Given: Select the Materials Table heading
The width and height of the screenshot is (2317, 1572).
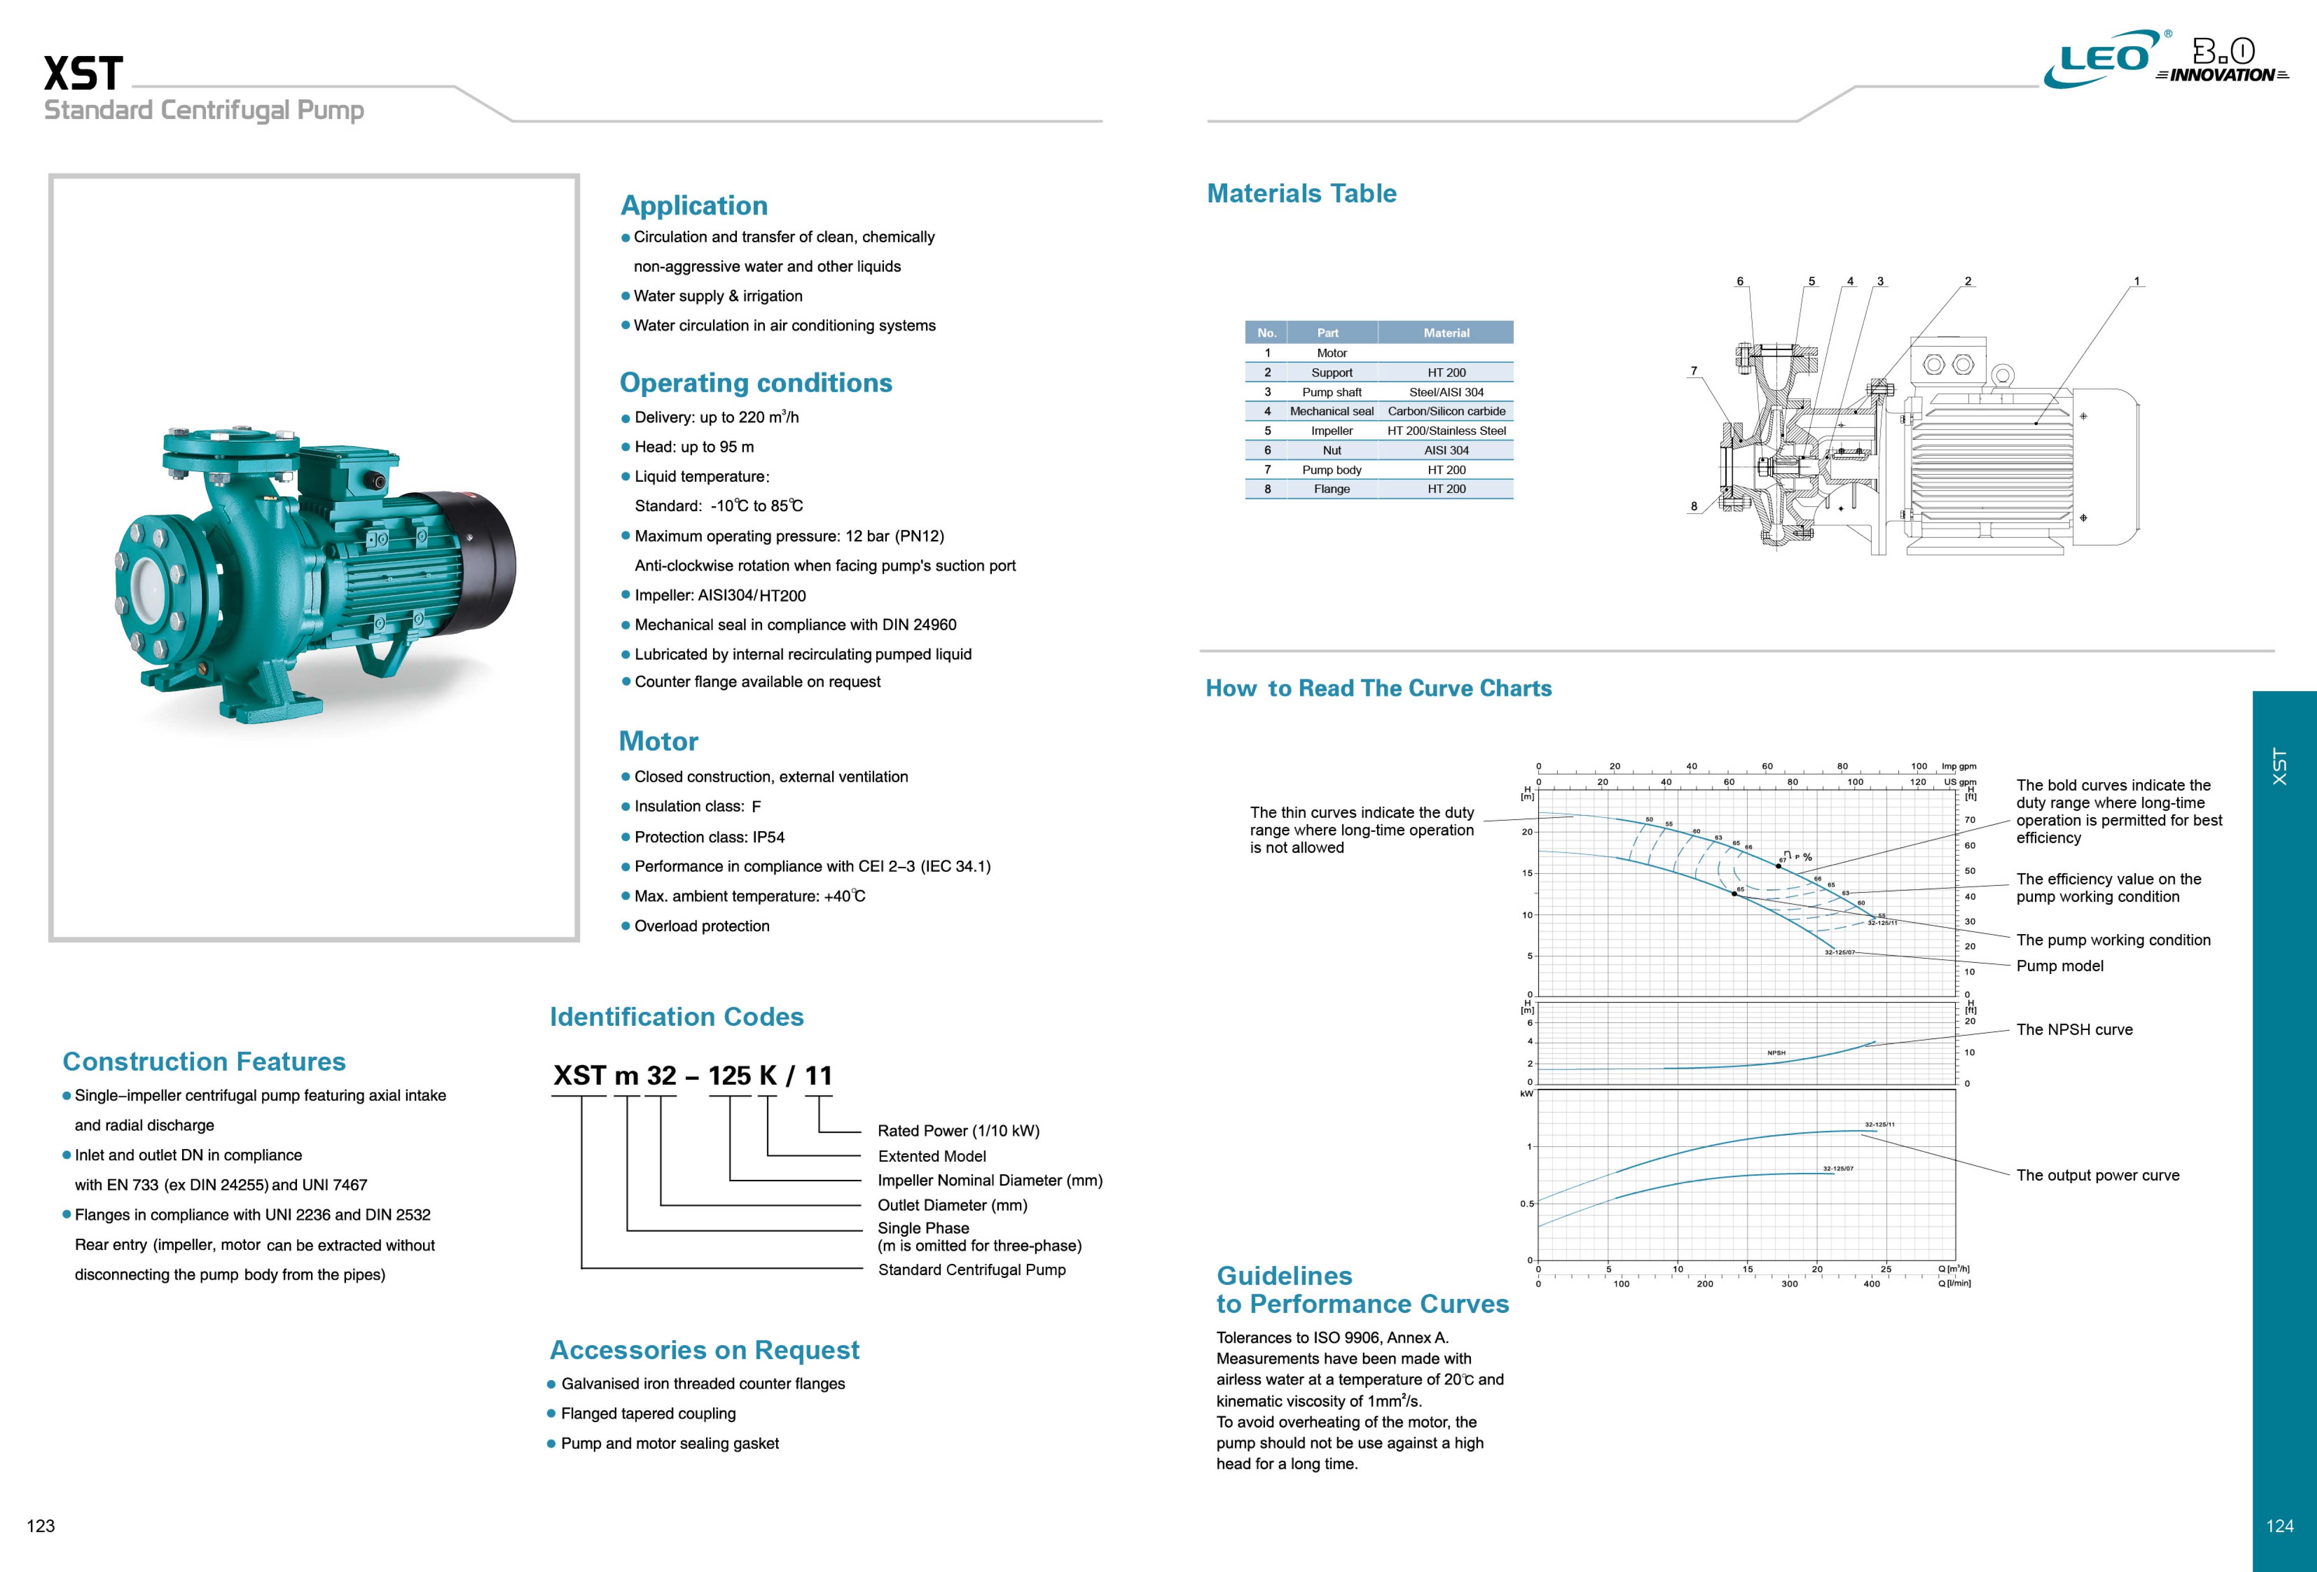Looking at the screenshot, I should (1301, 193).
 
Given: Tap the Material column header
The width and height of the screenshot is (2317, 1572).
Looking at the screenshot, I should (1446, 333).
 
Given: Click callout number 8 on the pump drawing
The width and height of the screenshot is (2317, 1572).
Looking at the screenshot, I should (1693, 506).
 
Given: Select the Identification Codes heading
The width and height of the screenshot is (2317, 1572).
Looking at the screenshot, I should (676, 1017).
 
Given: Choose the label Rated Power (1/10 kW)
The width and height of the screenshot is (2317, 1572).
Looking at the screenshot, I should (958, 1130).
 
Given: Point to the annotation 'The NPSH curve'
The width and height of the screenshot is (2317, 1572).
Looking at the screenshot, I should (2074, 1030).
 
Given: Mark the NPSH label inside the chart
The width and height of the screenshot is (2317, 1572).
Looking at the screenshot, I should (1776, 1053).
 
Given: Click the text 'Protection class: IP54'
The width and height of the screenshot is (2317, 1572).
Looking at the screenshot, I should (709, 837).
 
